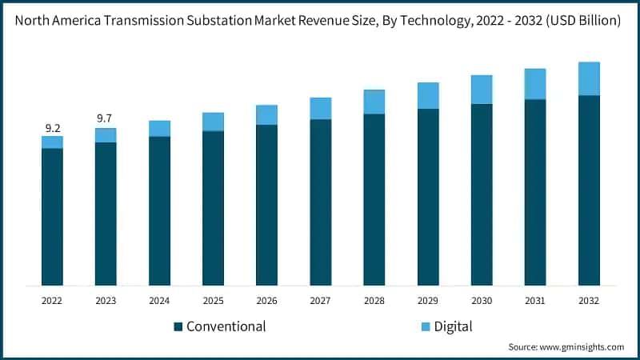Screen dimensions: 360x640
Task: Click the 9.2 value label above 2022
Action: (53, 128)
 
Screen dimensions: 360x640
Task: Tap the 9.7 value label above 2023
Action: (105, 118)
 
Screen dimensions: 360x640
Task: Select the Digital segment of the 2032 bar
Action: (589, 78)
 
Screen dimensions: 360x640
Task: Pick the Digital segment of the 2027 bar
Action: (321, 108)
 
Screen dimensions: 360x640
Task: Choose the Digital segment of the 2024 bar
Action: (160, 129)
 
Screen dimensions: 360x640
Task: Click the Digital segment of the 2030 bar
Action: (482, 90)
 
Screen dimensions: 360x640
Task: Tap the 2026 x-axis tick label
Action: (266, 301)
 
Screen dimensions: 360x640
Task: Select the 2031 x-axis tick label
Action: (535, 301)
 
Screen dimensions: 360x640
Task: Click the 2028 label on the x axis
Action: (374, 301)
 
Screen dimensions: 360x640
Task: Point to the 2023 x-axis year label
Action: (106, 301)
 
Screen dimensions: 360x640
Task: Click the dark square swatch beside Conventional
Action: (178, 326)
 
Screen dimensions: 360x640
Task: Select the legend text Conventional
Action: (226, 326)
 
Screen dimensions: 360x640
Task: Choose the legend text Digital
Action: (454, 326)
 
